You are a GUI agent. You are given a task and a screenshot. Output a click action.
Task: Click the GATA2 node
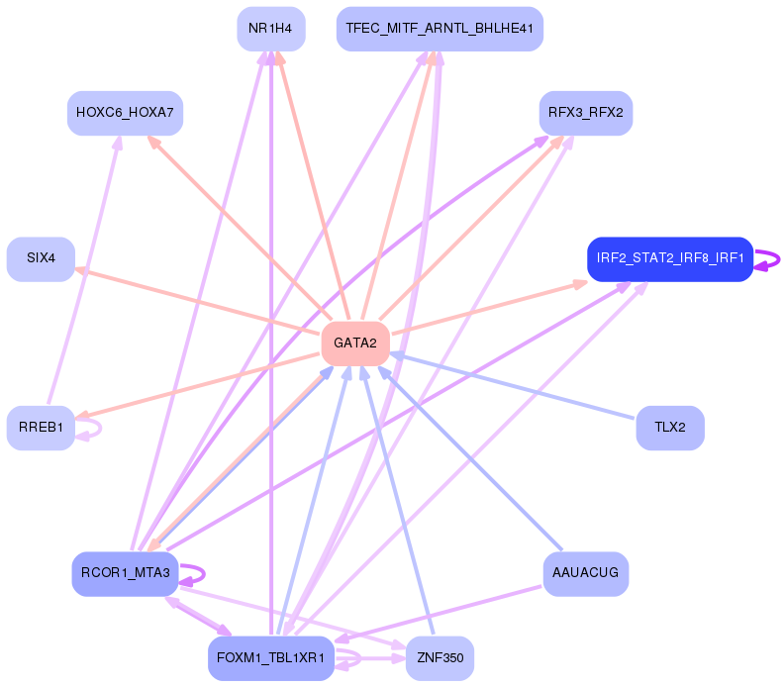click(354, 344)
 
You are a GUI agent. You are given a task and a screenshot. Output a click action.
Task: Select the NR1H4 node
click(270, 29)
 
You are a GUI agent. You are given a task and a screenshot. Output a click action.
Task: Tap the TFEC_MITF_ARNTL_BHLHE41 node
click(440, 29)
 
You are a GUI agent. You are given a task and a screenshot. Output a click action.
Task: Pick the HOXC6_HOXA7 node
click(125, 113)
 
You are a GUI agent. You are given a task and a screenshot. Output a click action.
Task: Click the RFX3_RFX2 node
click(585, 113)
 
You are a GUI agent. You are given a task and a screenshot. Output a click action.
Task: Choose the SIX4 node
click(41, 258)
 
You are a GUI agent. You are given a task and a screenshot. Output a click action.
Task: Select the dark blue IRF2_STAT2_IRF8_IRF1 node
click(669, 258)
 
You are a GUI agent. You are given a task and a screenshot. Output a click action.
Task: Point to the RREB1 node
click(41, 428)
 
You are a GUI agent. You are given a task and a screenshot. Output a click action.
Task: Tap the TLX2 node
click(669, 428)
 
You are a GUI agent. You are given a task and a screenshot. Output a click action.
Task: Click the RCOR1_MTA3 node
click(125, 573)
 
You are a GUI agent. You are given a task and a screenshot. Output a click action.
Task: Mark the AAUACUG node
click(585, 573)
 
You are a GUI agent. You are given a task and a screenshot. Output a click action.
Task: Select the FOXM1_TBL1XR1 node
click(270, 658)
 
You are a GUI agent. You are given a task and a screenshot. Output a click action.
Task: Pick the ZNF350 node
click(440, 658)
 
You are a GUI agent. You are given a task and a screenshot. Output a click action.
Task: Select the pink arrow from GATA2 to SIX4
click(198, 301)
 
